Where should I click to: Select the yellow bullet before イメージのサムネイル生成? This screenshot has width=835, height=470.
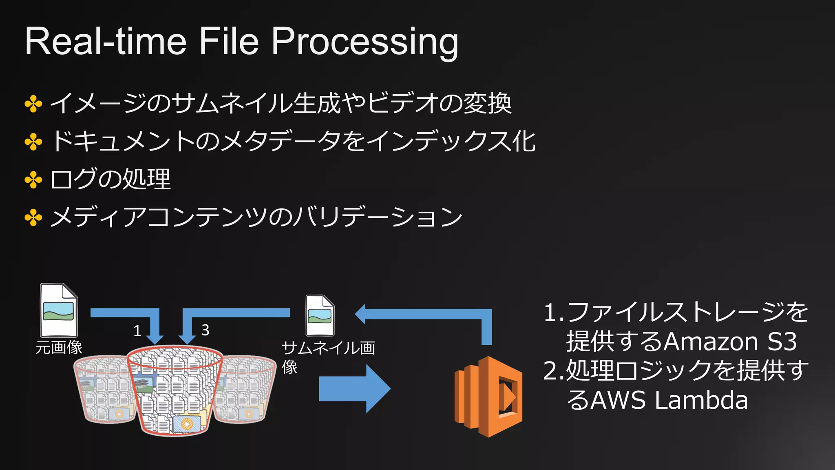pos(33,104)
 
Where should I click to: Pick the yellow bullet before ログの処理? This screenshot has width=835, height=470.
pos(33,180)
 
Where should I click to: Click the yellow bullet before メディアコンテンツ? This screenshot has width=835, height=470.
pos(33,217)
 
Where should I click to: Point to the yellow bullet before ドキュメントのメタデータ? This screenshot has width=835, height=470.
pos(33,142)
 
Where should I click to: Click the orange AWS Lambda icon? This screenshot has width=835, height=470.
pos(488,396)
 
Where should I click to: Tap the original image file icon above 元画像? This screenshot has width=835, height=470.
pos(59,310)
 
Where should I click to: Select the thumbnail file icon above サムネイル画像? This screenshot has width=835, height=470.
pos(320,315)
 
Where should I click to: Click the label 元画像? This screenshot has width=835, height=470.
pos(59,348)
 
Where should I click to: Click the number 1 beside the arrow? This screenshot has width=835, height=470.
pos(137,330)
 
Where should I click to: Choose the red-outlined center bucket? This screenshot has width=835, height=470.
pos(175,392)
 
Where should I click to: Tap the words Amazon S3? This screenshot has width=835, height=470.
pos(730,341)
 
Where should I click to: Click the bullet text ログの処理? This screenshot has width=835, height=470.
pos(110,180)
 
